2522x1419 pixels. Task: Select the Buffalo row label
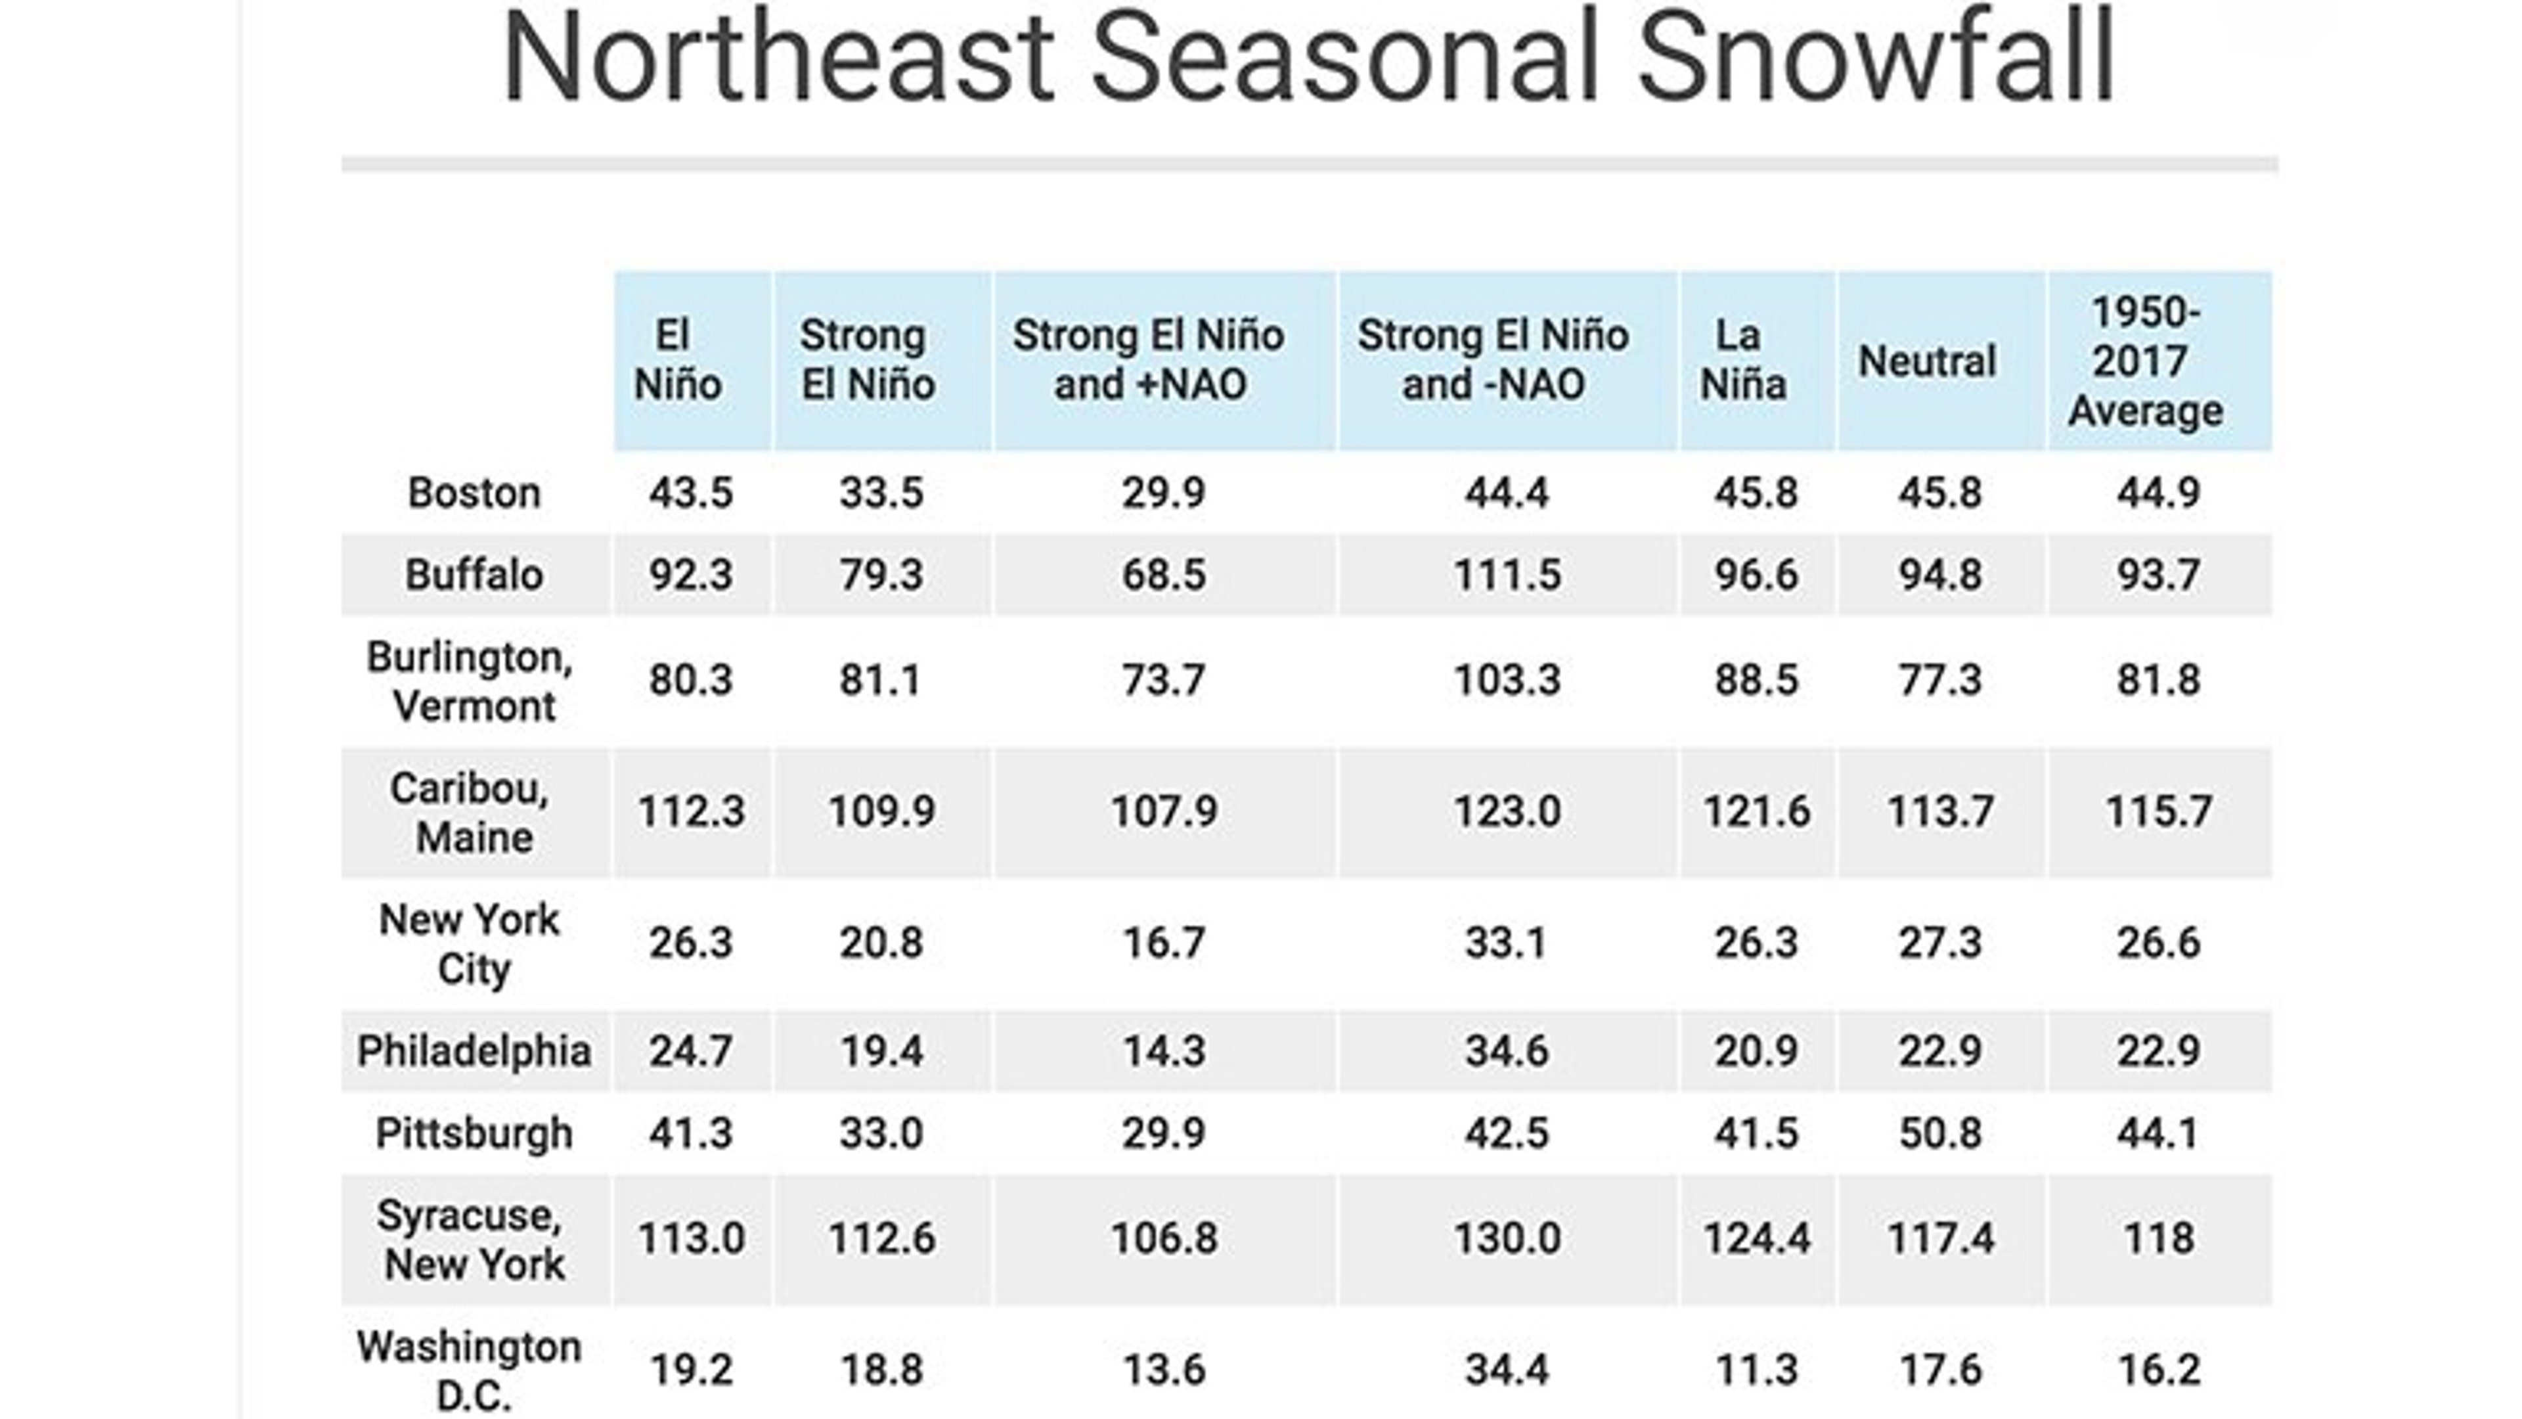click(474, 575)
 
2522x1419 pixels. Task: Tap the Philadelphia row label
click(474, 1051)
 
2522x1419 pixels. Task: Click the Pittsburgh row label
click(474, 1133)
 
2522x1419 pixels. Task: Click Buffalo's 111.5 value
click(1507, 575)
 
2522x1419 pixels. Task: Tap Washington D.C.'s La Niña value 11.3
click(1756, 1370)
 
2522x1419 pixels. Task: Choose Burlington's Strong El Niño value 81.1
click(880, 680)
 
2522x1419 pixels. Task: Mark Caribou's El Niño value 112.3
click(690, 812)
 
